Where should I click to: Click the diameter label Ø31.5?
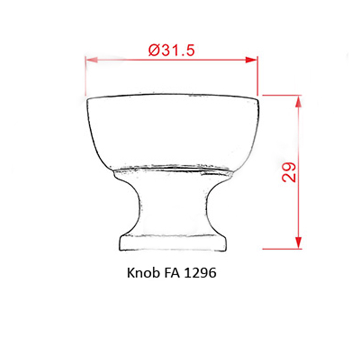pyautogui.click(x=171, y=50)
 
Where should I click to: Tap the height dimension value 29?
pyautogui.click(x=289, y=172)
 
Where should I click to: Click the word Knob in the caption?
pyautogui.click(x=144, y=273)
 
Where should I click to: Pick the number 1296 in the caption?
pyautogui.click(x=200, y=273)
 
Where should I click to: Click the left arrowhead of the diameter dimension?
pyautogui.click(x=91, y=60)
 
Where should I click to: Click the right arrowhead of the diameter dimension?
pyautogui.click(x=252, y=60)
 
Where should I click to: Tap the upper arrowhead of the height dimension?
pyautogui.click(x=298, y=102)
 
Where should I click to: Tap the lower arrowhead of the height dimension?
pyautogui.click(x=298, y=242)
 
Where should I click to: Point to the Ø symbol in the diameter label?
pyautogui.click(x=154, y=50)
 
